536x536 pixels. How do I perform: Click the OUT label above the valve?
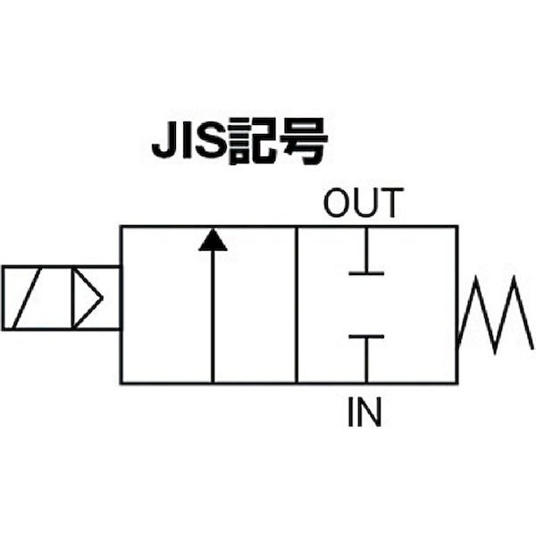pyautogui.click(x=364, y=204)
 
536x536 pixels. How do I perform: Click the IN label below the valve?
pyautogui.click(x=364, y=413)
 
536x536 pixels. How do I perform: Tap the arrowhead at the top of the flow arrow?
pyautogui.click(x=212, y=239)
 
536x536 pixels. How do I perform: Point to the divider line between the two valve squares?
pyautogui.click(x=297, y=305)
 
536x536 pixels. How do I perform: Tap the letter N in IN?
pyautogui.click(x=371, y=413)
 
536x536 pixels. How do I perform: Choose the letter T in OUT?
pyautogui.click(x=390, y=204)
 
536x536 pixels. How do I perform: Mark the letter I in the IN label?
pyautogui.click(x=351, y=413)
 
